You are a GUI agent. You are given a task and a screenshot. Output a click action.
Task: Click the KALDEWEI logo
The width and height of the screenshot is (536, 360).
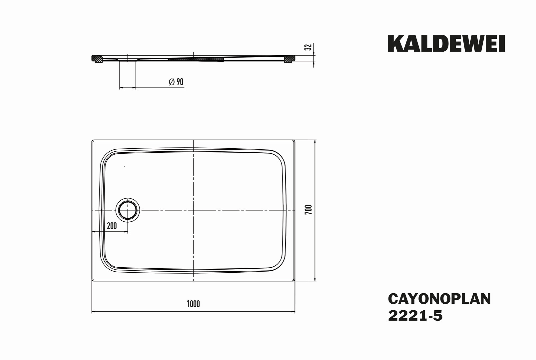click(446, 44)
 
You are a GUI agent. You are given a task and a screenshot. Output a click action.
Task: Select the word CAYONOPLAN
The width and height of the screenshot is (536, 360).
click(439, 299)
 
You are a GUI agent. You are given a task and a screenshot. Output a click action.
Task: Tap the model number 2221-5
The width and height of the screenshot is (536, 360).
click(415, 316)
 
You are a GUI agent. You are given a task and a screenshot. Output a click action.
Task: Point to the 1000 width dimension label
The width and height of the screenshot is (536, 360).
click(193, 304)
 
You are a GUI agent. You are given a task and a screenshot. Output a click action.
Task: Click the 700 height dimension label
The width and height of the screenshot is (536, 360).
click(309, 210)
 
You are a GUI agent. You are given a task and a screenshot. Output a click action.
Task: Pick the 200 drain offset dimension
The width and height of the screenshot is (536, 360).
click(112, 226)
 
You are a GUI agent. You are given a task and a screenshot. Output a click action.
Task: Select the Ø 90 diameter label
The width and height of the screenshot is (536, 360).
click(176, 82)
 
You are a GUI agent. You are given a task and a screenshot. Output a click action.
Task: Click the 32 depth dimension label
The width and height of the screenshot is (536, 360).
click(309, 47)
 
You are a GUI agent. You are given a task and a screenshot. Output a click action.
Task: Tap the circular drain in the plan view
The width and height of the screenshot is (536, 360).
click(128, 210)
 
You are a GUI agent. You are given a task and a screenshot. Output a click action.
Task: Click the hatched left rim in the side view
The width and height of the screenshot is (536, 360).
click(97, 59)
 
